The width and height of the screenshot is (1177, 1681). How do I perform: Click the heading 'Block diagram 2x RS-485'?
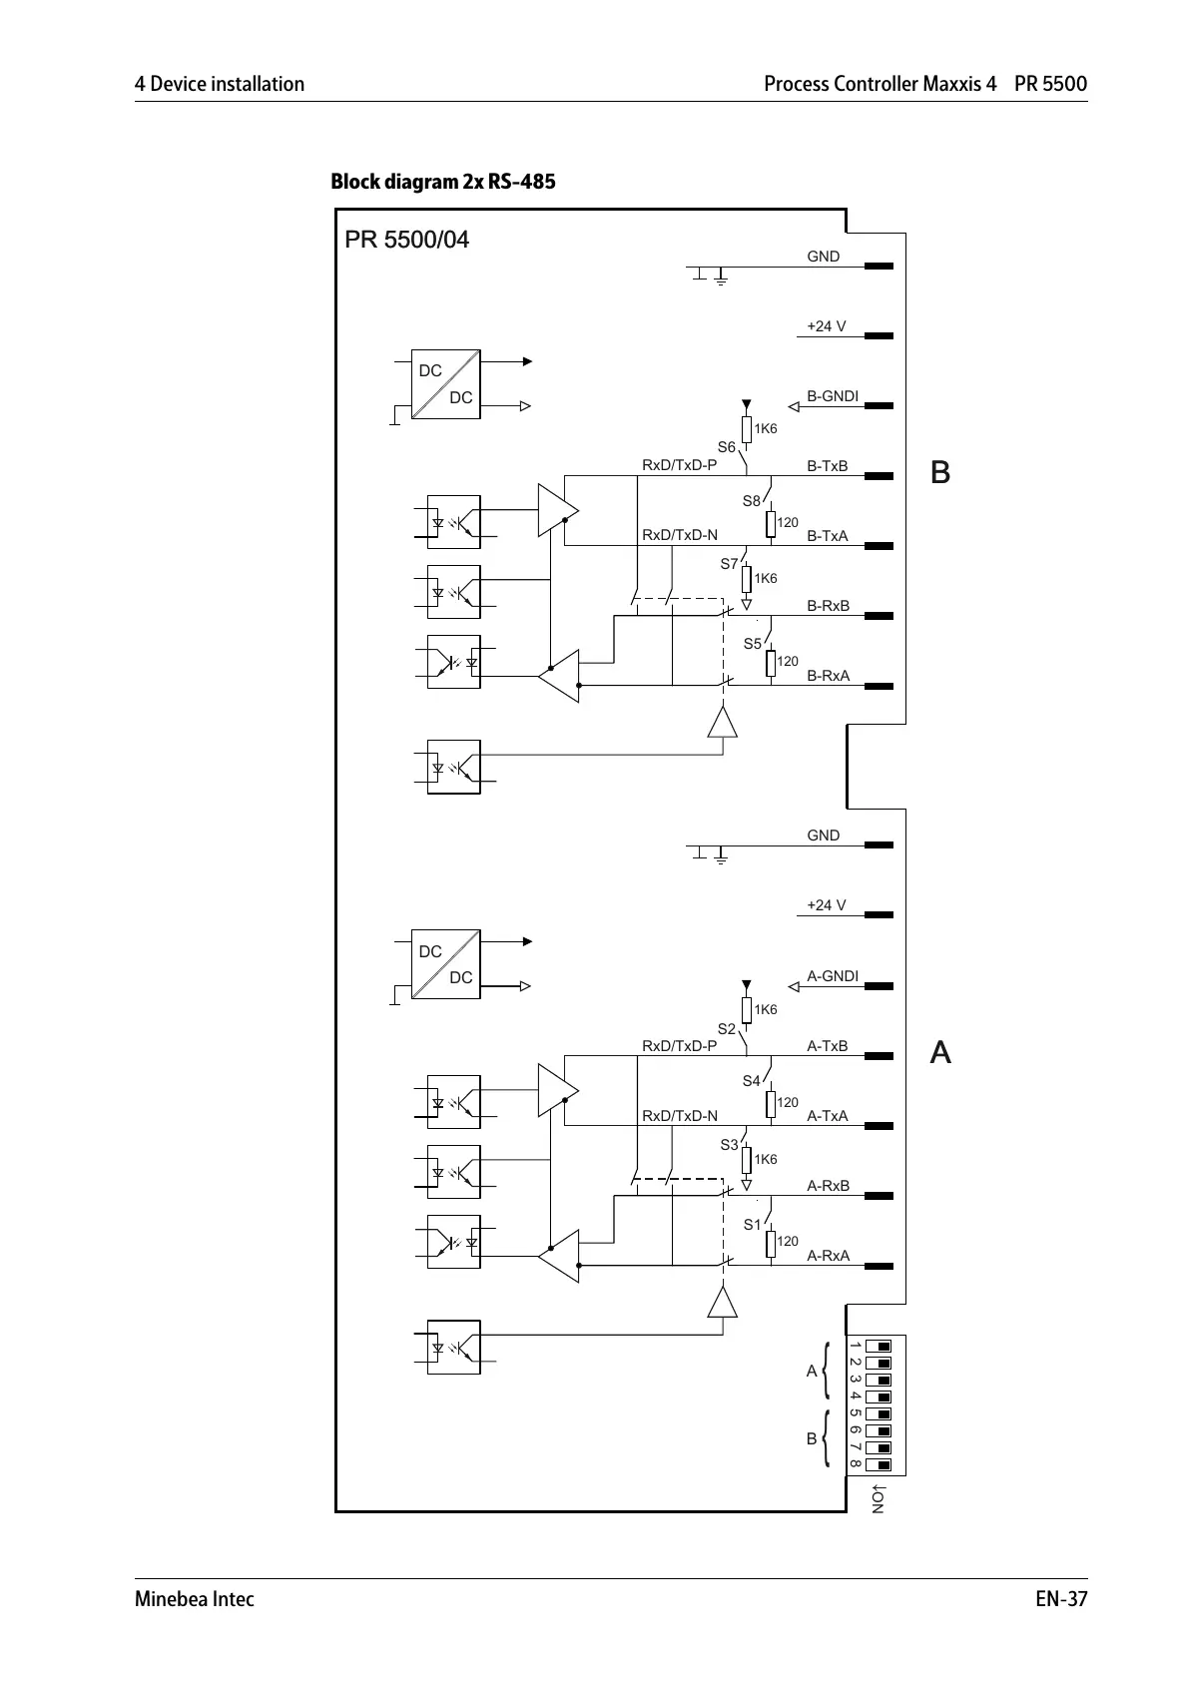(x=442, y=182)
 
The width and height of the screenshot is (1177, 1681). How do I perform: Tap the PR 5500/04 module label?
(x=406, y=240)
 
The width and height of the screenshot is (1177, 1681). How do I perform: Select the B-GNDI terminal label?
(x=832, y=396)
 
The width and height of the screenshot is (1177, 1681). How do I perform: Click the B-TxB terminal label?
(x=827, y=466)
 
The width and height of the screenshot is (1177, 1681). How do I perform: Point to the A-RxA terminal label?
(x=828, y=1256)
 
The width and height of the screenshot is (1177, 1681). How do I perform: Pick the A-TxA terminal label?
(x=827, y=1116)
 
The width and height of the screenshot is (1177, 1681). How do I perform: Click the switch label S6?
(x=727, y=447)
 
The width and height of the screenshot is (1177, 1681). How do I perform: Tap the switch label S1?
(x=752, y=1225)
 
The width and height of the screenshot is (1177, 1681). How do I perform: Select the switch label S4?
(x=751, y=1081)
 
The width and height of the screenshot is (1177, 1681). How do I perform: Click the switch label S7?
(x=730, y=565)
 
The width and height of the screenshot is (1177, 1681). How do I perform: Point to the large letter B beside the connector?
(x=939, y=472)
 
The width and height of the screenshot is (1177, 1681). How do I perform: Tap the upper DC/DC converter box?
(x=445, y=384)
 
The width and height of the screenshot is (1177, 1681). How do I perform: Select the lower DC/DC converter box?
(x=445, y=964)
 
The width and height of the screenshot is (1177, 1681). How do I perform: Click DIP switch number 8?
(x=879, y=1464)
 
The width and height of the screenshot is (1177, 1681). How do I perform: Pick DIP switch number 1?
(x=879, y=1346)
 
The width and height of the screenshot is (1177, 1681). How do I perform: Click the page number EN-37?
(x=1060, y=1599)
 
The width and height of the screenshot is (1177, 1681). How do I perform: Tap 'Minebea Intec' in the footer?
(x=195, y=1599)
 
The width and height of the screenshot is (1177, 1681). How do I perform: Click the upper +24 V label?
(x=826, y=326)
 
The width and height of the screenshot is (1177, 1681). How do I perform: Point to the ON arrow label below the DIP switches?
(x=877, y=1500)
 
